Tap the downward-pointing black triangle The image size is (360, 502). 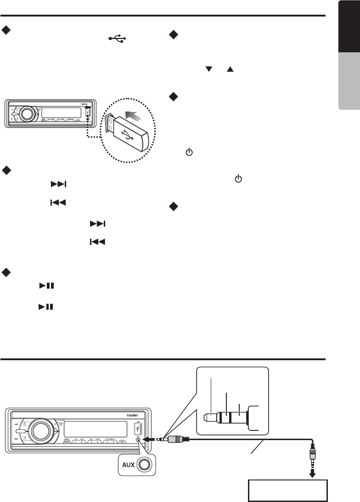pyautogui.click(x=209, y=69)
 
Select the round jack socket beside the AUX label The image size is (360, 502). pyautogui.click(x=144, y=464)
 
